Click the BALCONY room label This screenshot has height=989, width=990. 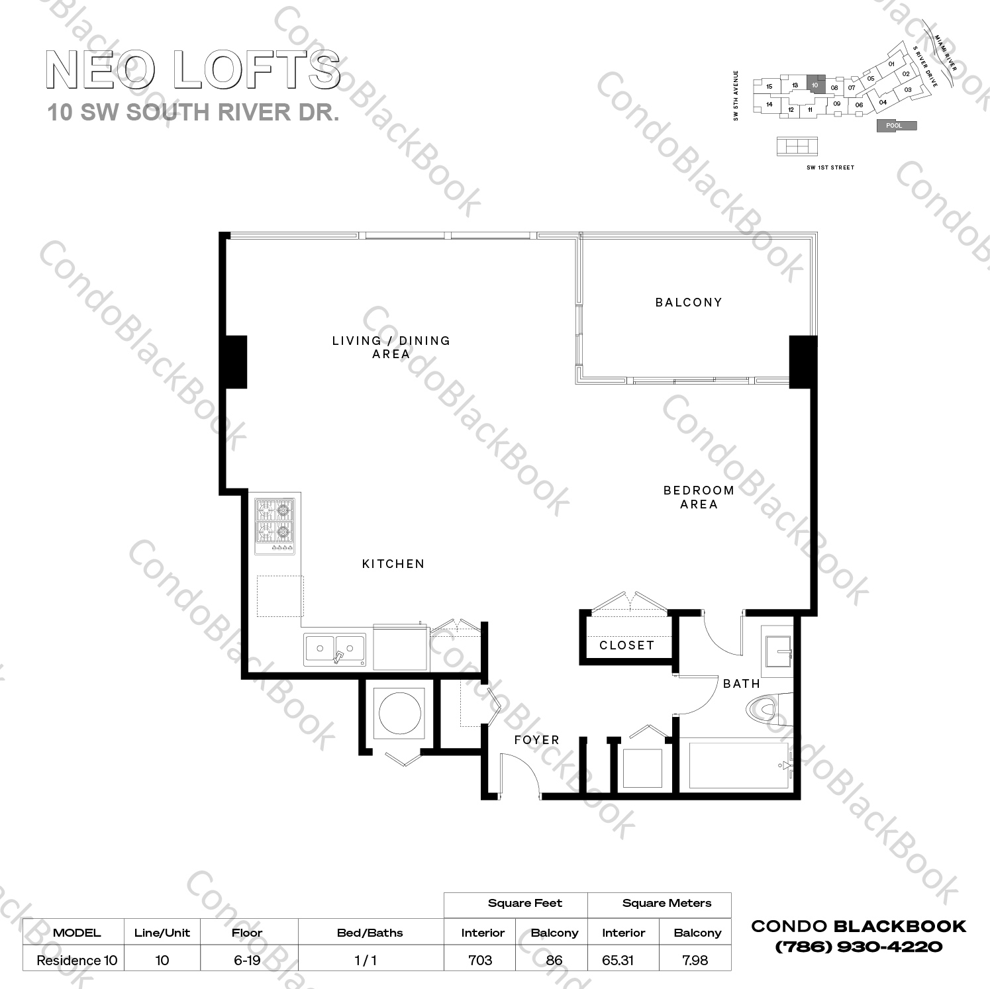(x=688, y=303)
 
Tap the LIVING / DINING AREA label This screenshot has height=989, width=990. (x=391, y=347)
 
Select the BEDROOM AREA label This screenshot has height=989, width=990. (x=699, y=497)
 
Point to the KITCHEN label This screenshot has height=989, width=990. (x=393, y=564)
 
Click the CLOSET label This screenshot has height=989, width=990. (x=626, y=645)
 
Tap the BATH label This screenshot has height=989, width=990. (x=741, y=684)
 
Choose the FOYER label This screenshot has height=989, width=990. (x=536, y=740)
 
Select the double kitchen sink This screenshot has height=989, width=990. (x=335, y=649)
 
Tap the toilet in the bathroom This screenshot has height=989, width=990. (x=766, y=711)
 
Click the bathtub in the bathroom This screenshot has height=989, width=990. (x=739, y=766)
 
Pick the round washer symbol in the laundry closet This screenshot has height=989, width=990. (x=399, y=714)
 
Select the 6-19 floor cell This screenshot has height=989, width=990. (x=247, y=960)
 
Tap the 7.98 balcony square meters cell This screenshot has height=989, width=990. (x=695, y=960)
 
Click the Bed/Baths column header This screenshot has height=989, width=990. (x=370, y=933)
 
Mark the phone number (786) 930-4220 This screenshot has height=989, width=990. (x=858, y=947)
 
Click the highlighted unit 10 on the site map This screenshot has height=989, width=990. (x=815, y=85)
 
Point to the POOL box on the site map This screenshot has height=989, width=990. (x=897, y=126)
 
